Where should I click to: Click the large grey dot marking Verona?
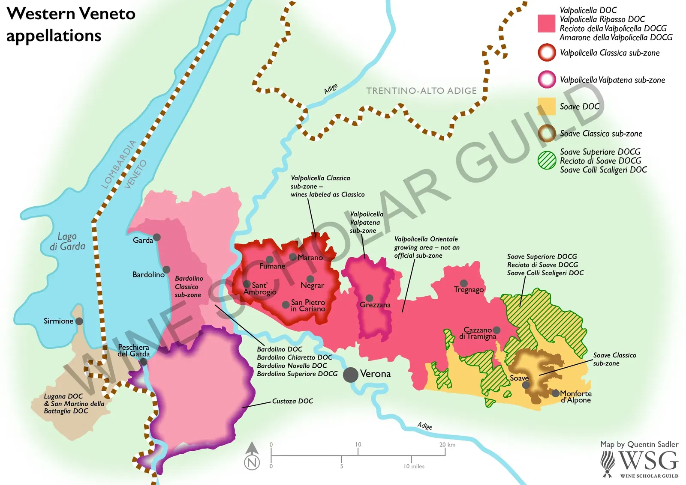click(x=351, y=375)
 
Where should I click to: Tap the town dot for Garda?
click(x=157, y=237)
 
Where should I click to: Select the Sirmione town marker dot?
click(x=79, y=321)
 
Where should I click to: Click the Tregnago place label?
click(x=469, y=290)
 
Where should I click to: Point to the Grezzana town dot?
click(x=369, y=298)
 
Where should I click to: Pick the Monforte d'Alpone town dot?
click(x=555, y=393)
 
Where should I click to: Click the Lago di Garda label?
click(x=67, y=241)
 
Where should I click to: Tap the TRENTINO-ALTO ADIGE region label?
click(x=421, y=91)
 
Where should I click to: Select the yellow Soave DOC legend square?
click(x=546, y=106)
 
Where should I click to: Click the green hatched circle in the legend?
click(x=547, y=160)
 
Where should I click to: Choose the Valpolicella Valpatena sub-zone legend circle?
click(x=547, y=80)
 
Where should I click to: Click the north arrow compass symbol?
click(x=252, y=456)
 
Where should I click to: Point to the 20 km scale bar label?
click(x=447, y=445)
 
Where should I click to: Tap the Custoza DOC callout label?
click(x=292, y=401)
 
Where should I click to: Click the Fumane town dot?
click(x=269, y=259)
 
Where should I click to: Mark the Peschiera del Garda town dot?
click(x=144, y=362)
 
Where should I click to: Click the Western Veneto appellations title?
click(x=71, y=24)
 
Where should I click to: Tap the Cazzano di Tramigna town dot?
click(x=496, y=330)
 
